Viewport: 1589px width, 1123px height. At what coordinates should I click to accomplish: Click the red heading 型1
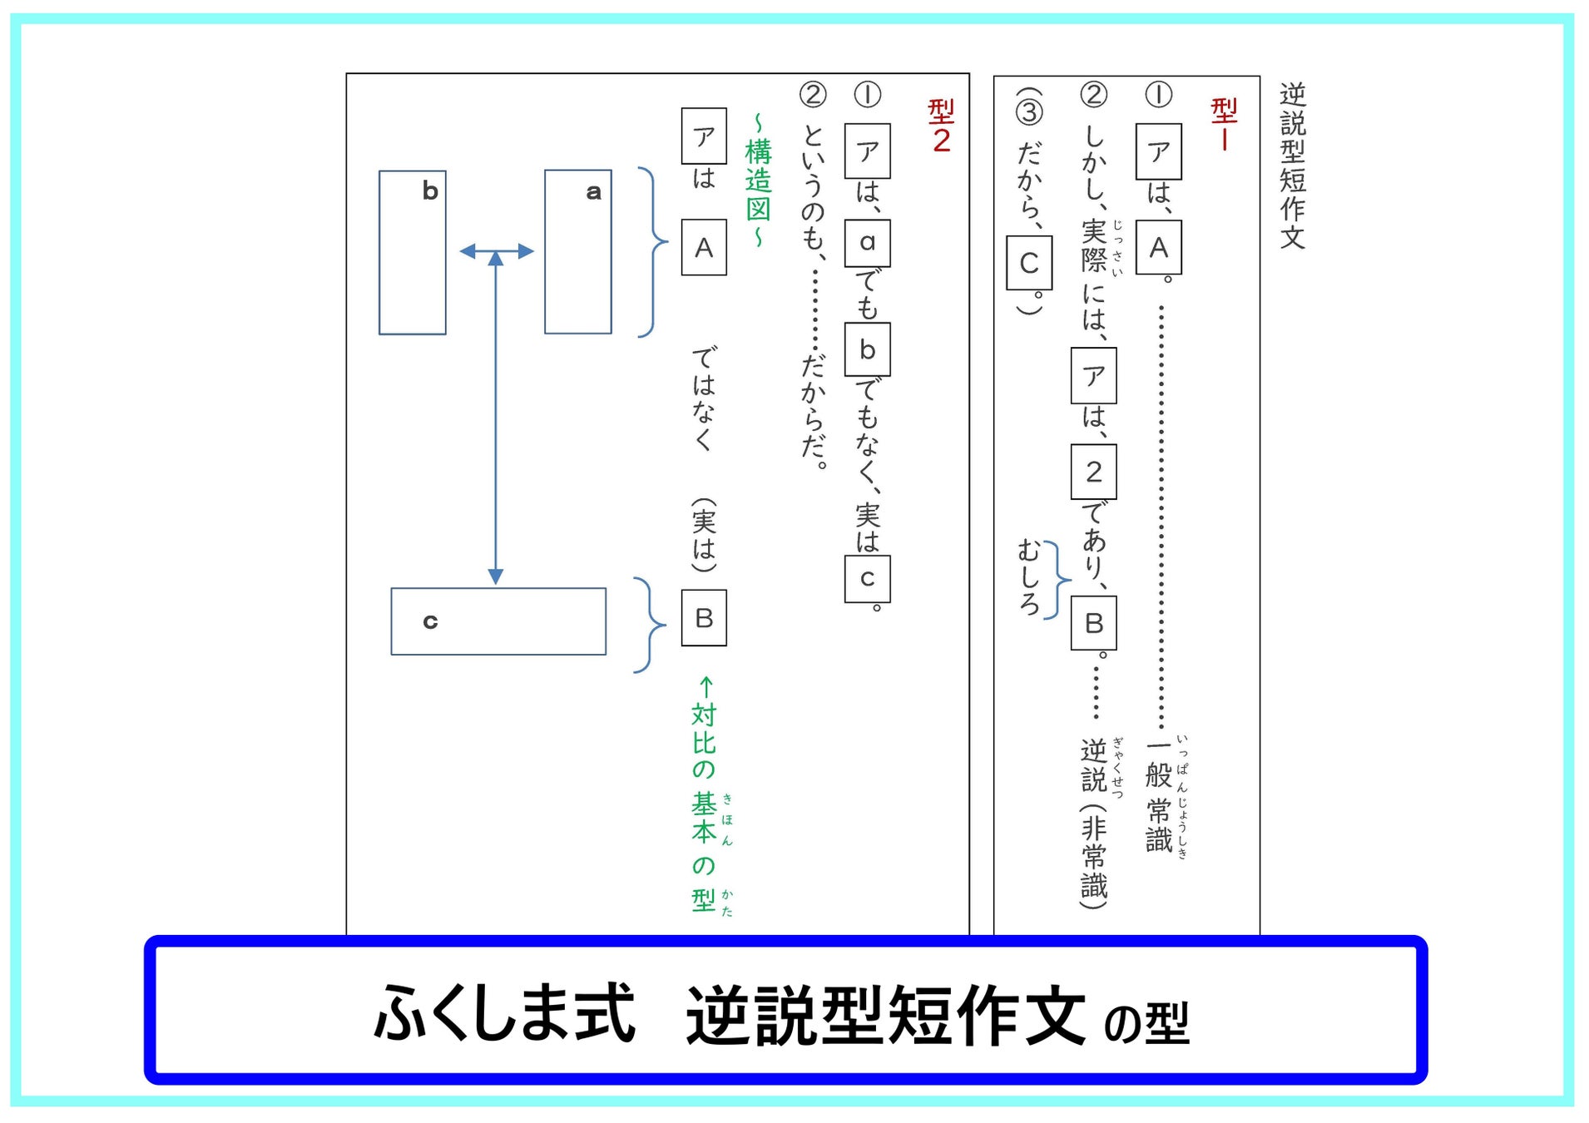[x=1224, y=124]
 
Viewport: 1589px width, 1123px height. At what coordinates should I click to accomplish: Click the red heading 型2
[x=941, y=126]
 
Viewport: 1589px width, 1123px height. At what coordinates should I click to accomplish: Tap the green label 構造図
[x=758, y=181]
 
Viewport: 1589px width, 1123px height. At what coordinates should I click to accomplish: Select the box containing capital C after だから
[x=1029, y=263]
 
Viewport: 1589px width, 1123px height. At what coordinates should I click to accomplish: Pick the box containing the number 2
[x=1093, y=472]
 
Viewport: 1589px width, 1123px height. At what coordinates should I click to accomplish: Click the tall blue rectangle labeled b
[x=413, y=253]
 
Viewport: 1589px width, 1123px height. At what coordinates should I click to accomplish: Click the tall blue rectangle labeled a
[x=578, y=252]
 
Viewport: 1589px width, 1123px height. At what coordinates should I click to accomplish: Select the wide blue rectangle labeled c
[x=498, y=621]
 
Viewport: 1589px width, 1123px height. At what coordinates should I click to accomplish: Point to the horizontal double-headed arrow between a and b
[x=497, y=251]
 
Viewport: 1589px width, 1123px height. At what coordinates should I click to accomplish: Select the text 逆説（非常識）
[x=1094, y=824]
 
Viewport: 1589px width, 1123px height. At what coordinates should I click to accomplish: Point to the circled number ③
[x=1029, y=111]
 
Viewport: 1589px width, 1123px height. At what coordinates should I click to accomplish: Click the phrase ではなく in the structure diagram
[x=704, y=398]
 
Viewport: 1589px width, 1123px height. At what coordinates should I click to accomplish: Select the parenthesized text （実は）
[x=704, y=535]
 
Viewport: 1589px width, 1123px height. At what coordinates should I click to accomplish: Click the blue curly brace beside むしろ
[x=1057, y=580]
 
